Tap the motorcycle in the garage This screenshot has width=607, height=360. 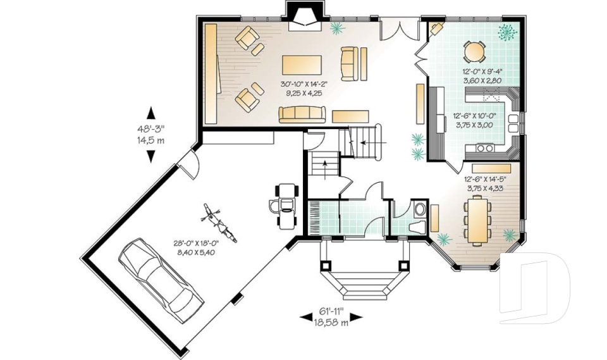click(x=219, y=223)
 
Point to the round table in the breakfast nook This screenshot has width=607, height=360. click(x=474, y=51)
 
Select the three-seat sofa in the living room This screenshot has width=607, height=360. click(x=302, y=114)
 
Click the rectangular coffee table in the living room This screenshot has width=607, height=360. click(x=302, y=65)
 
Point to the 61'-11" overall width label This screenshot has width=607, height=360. click(x=332, y=311)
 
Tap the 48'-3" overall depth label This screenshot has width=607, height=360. click(x=150, y=128)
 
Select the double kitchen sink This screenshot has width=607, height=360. click(x=513, y=123)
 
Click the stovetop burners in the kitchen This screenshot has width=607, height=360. click(x=486, y=147)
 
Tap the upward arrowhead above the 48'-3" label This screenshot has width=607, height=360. click(x=150, y=113)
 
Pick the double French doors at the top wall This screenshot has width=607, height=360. click(x=400, y=28)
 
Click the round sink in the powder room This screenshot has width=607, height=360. click(x=419, y=209)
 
